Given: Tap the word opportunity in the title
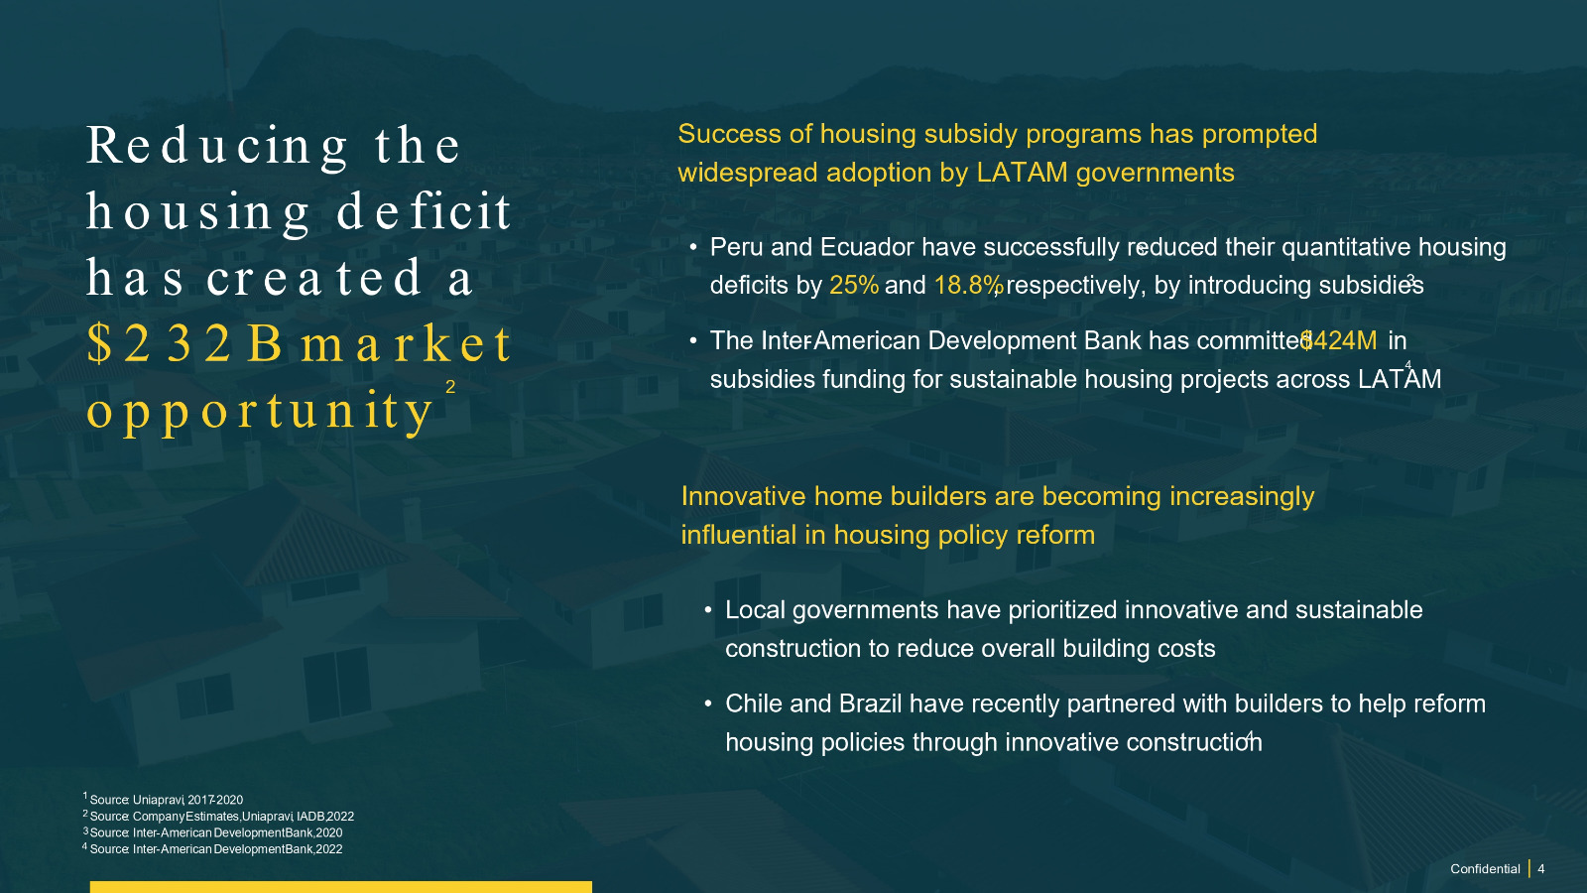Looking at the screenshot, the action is pyautogui.click(x=259, y=412).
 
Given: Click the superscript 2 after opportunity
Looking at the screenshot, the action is pyautogui.click(x=450, y=387).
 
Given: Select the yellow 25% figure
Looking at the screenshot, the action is pyautogui.click(x=854, y=285).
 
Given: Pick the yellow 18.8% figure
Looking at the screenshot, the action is pyautogui.click(x=968, y=285).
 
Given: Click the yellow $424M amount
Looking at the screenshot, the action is pyautogui.click(x=1339, y=341).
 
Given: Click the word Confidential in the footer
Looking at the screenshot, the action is pyautogui.click(x=1485, y=869).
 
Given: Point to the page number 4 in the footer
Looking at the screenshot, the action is pyautogui.click(x=1541, y=869).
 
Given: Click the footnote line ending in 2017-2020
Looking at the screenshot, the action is pyautogui.click(x=163, y=800).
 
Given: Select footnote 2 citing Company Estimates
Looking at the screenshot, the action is pyautogui.click(x=218, y=816).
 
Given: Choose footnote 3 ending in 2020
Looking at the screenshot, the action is pyautogui.click(x=212, y=832).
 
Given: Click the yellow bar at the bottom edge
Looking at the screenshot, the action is pyautogui.click(x=341, y=887).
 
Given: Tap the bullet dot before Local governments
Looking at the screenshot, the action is pyautogui.click(x=708, y=610).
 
